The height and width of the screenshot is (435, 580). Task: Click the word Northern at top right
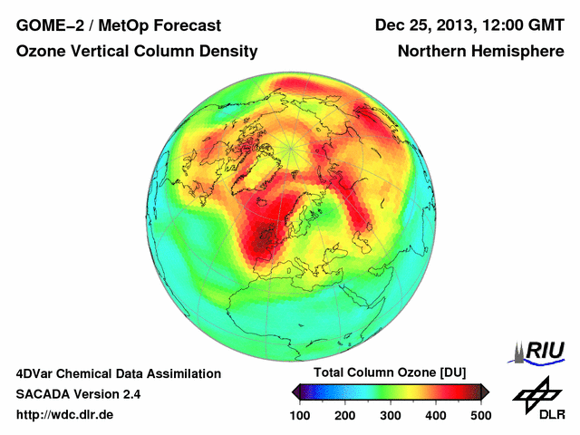click(432, 52)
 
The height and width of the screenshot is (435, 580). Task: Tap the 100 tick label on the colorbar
click(301, 415)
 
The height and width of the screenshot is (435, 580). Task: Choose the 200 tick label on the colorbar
click(345, 415)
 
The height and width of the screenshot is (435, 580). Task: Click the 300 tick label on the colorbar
click(391, 415)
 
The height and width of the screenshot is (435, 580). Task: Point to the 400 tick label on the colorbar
click(435, 415)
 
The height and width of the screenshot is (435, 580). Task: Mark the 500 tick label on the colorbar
click(480, 415)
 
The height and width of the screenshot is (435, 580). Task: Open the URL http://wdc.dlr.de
click(65, 415)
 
